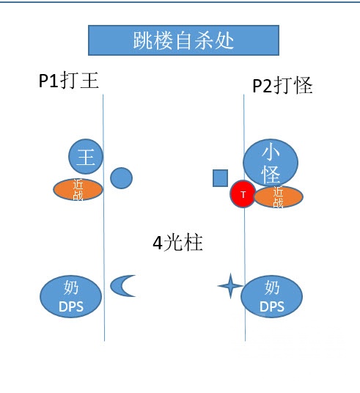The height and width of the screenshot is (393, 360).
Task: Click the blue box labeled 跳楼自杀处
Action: point(183,40)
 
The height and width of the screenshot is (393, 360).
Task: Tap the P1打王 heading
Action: point(69,81)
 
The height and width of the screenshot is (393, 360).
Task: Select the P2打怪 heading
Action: point(282,86)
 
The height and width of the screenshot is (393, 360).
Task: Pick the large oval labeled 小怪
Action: point(271,162)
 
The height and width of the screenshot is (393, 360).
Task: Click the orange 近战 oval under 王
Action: point(78,190)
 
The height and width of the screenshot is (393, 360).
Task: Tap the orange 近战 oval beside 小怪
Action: point(277,196)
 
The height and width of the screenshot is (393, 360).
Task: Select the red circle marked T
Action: point(242,194)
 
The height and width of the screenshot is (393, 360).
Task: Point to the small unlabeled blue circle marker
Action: point(121,177)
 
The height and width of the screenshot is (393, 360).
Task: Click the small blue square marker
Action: point(220,177)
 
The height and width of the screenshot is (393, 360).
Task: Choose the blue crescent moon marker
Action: point(122,285)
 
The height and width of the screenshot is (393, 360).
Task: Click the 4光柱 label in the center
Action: point(177,243)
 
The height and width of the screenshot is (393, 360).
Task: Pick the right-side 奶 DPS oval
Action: point(272,296)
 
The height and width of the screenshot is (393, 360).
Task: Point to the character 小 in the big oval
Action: point(271,152)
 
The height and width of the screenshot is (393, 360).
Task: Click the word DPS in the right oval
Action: point(272,306)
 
